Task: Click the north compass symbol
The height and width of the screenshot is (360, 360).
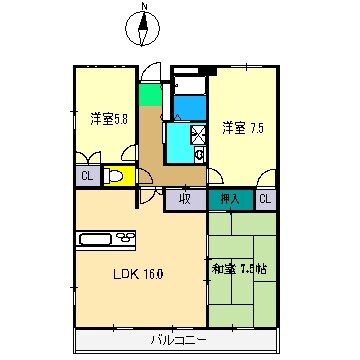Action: click(143, 31)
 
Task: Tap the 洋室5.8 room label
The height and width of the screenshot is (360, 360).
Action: click(107, 118)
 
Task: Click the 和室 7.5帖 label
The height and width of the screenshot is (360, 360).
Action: click(243, 268)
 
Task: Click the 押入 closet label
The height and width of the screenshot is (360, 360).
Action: click(230, 199)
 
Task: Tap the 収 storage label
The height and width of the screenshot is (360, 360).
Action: click(186, 199)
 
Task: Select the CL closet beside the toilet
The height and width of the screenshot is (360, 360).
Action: click(86, 177)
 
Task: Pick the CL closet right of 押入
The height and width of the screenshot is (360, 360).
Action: click(265, 199)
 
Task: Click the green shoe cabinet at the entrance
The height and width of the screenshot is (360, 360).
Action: click(149, 97)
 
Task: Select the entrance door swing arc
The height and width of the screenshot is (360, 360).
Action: click(150, 74)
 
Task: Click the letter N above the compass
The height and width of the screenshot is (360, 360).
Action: click(143, 9)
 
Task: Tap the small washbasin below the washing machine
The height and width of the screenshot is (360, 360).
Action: click(199, 154)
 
